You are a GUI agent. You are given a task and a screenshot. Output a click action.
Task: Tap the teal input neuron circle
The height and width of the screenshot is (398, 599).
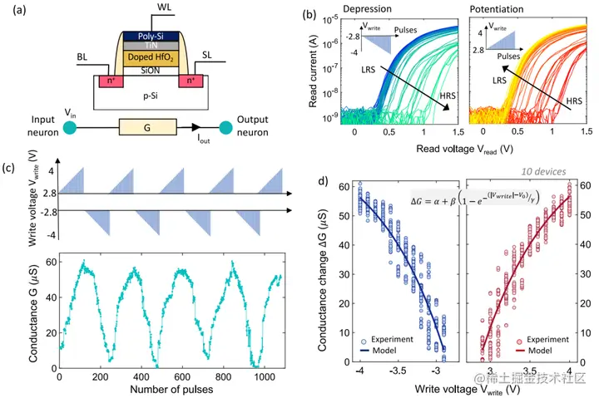(70, 128)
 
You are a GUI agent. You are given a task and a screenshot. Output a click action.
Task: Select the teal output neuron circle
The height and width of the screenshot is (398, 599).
(224, 128)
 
